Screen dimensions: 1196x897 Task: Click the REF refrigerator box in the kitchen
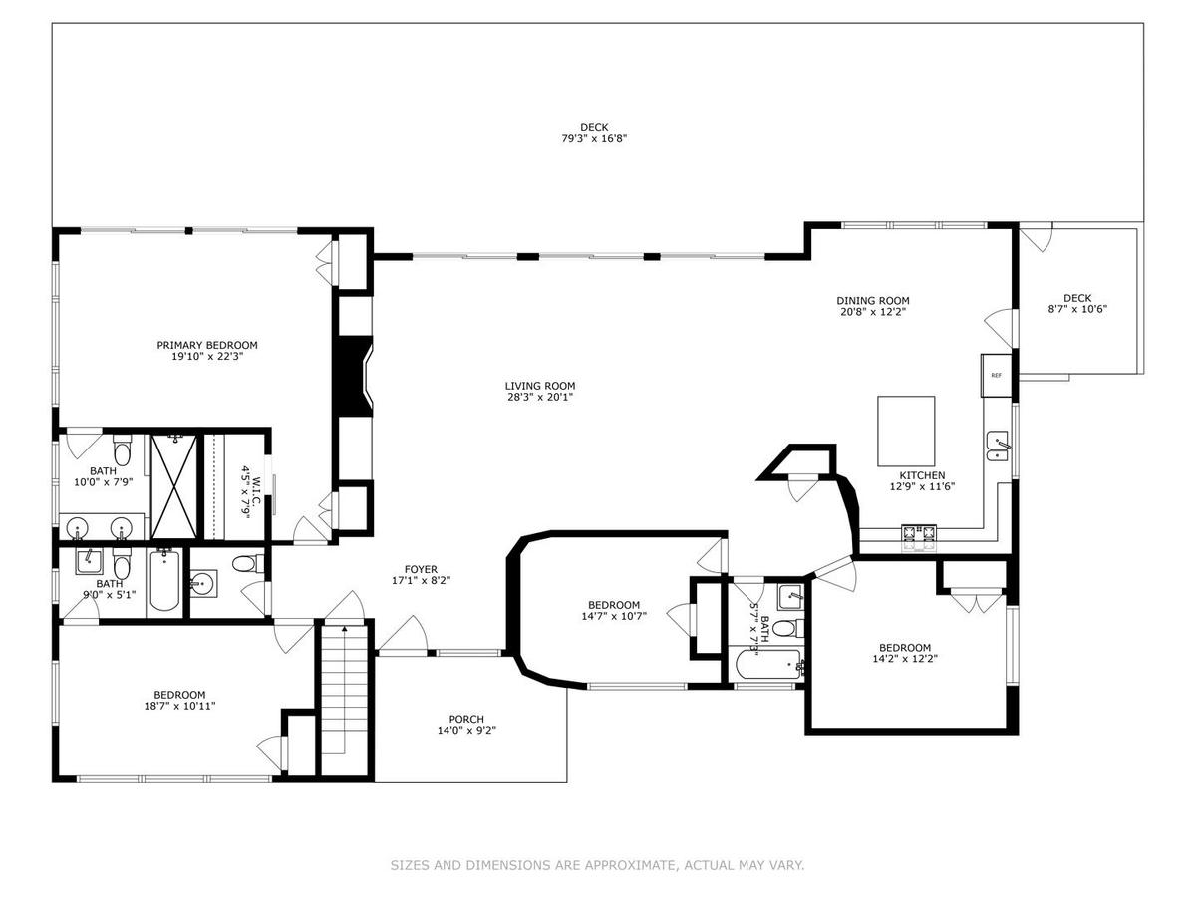point(996,376)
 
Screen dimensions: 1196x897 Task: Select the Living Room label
point(540,386)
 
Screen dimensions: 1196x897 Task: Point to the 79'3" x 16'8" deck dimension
point(594,139)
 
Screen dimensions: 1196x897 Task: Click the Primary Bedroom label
point(207,345)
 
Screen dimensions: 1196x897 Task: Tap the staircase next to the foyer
point(346,700)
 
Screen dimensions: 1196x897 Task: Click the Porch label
point(466,719)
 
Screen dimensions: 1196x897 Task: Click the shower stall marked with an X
point(173,486)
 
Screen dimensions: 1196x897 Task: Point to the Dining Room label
point(873,301)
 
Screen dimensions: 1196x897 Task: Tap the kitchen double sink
point(998,447)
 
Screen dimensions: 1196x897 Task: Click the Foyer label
point(421,570)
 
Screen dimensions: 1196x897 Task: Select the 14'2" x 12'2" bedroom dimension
point(905,659)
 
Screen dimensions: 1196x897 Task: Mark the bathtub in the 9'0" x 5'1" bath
point(164,580)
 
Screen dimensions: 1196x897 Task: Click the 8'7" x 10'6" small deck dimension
point(1077,309)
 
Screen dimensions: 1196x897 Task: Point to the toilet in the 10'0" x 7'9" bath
point(122,449)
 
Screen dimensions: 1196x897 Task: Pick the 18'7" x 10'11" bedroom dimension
point(179,706)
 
